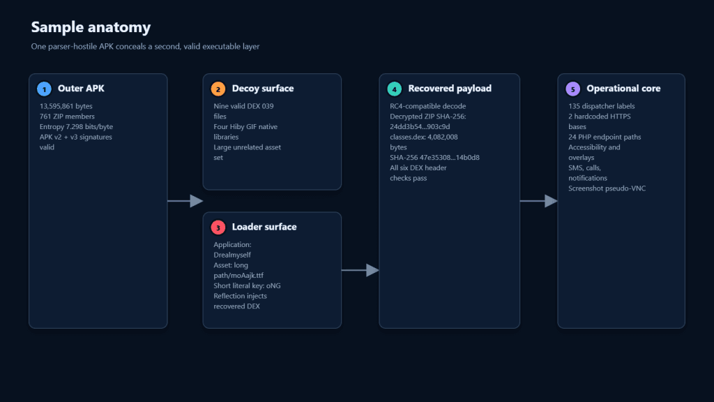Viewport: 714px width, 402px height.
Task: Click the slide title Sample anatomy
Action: click(91, 27)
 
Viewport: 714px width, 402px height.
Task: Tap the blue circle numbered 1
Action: click(44, 89)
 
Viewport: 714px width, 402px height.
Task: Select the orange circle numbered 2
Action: click(218, 89)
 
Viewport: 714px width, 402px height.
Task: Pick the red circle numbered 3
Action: click(218, 228)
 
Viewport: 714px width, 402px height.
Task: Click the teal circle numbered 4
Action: click(395, 89)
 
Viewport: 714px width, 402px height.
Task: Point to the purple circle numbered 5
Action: click(573, 89)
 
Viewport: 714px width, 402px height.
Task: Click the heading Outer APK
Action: click(81, 89)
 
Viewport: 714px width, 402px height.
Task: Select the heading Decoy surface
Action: click(263, 89)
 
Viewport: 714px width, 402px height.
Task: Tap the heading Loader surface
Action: click(264, 227)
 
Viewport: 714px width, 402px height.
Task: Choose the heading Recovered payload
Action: click(450, 89)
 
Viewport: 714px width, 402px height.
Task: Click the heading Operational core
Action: click(623, 89)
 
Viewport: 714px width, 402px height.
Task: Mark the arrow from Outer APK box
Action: click(185, 201)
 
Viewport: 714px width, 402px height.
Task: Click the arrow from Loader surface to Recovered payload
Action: click(360, 270)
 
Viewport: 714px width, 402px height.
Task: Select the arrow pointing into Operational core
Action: click(539, 201)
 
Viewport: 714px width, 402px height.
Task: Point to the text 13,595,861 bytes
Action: click(66, 106)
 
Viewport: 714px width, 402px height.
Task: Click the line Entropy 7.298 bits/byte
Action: click(76, 127)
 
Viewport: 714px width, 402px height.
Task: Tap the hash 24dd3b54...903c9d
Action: click(420, 127)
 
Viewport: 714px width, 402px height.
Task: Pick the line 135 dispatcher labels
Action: click(602, 106)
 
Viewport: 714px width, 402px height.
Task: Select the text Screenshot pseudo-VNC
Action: click(607, 188)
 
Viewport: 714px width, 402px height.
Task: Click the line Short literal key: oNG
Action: click(248, 285)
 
